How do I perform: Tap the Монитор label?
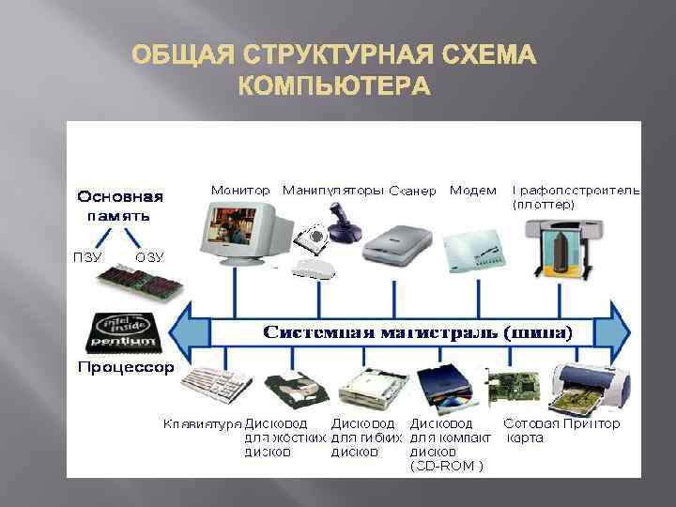[240, 191]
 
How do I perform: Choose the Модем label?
[473, 191]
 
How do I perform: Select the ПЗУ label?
[87, 255]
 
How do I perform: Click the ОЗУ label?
[149, 255]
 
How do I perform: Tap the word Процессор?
[125, 367]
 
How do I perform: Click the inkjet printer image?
[589, 385]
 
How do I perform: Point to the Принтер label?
[591, 424]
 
